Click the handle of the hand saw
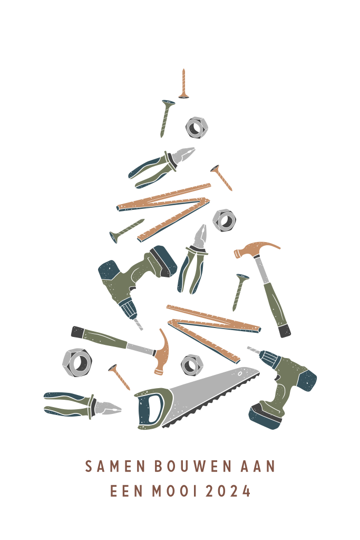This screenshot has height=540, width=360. (x=151, y=409)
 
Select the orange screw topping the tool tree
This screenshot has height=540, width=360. (x=184, y=84)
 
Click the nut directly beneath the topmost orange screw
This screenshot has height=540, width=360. (x=197, y=128)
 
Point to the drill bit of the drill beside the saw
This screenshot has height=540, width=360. (x=254, y=350)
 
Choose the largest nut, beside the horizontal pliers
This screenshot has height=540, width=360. (x=77, y=362)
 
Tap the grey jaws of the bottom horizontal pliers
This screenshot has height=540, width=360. (x=108, y=408)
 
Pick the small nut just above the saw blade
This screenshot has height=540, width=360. (x=192, y=365)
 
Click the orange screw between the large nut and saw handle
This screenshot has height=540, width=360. (x=119, y=377)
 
